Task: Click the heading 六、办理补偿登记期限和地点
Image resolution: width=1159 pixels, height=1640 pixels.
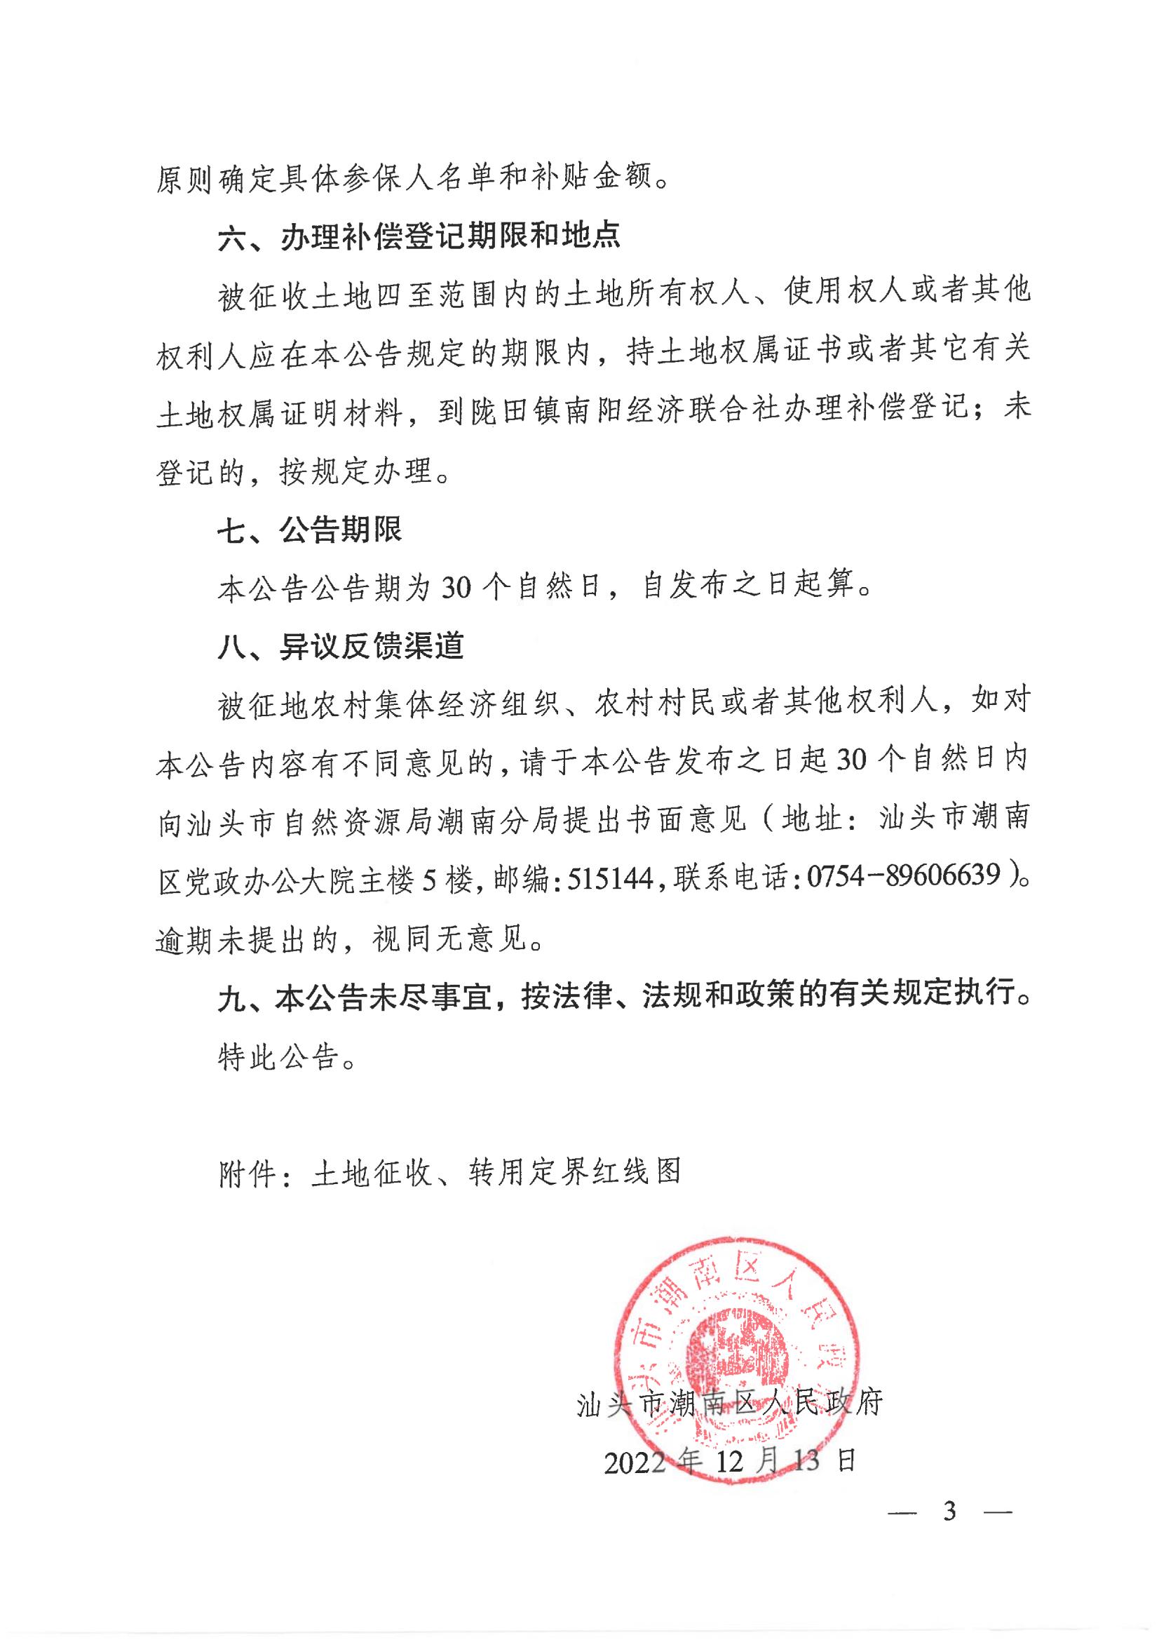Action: click(x=419, y=236)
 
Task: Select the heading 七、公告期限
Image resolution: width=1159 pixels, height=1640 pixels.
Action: click(x=309, y=530)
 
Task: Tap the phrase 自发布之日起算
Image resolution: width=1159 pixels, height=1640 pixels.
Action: click(x=749, y=586)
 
